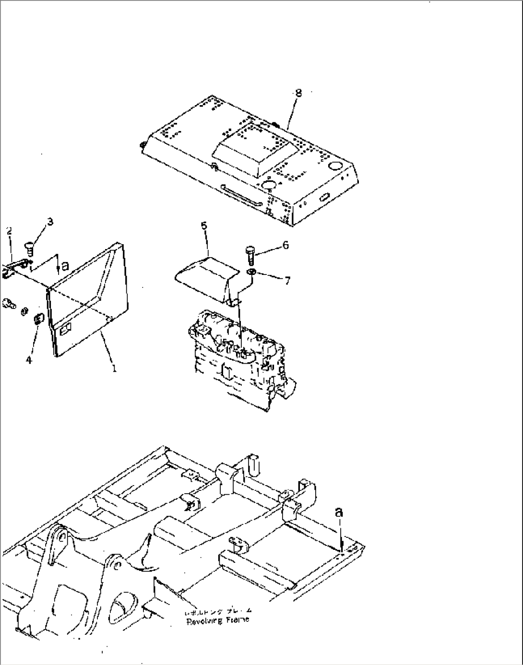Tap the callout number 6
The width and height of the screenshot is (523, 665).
285,245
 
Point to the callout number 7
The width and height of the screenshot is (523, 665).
287,281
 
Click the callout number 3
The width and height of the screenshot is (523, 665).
50,222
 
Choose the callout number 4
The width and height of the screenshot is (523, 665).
29,359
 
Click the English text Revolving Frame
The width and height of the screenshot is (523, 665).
217,620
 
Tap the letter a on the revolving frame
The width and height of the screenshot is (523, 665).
339,512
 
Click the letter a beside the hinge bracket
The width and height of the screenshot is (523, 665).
65,264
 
